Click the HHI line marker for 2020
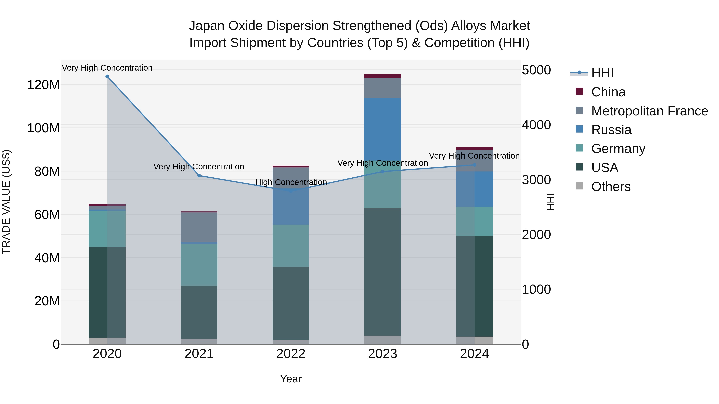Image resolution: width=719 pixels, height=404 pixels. [107, 76]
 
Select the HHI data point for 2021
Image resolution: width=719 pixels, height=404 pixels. [199, 176]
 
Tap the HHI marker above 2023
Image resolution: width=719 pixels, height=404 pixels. [383, 171]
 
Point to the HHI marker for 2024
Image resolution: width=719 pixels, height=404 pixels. [475, 165]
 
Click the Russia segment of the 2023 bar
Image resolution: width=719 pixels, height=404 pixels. [383, 128]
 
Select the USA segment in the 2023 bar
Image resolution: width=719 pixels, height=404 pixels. [383, 272]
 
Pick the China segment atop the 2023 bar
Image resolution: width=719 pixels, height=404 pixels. [383, 76]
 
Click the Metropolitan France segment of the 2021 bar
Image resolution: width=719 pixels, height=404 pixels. [199, 227]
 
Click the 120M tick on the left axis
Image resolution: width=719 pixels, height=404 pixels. [43, 85]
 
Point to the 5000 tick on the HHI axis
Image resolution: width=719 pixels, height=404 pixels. [536, 70]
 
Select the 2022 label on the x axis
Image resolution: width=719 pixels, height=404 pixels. [291, 354]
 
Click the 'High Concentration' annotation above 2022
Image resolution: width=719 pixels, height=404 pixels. [291, 182]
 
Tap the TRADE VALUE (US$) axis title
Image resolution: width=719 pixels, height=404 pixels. [6, 202]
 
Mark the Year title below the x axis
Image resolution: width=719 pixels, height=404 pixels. [291, 379]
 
